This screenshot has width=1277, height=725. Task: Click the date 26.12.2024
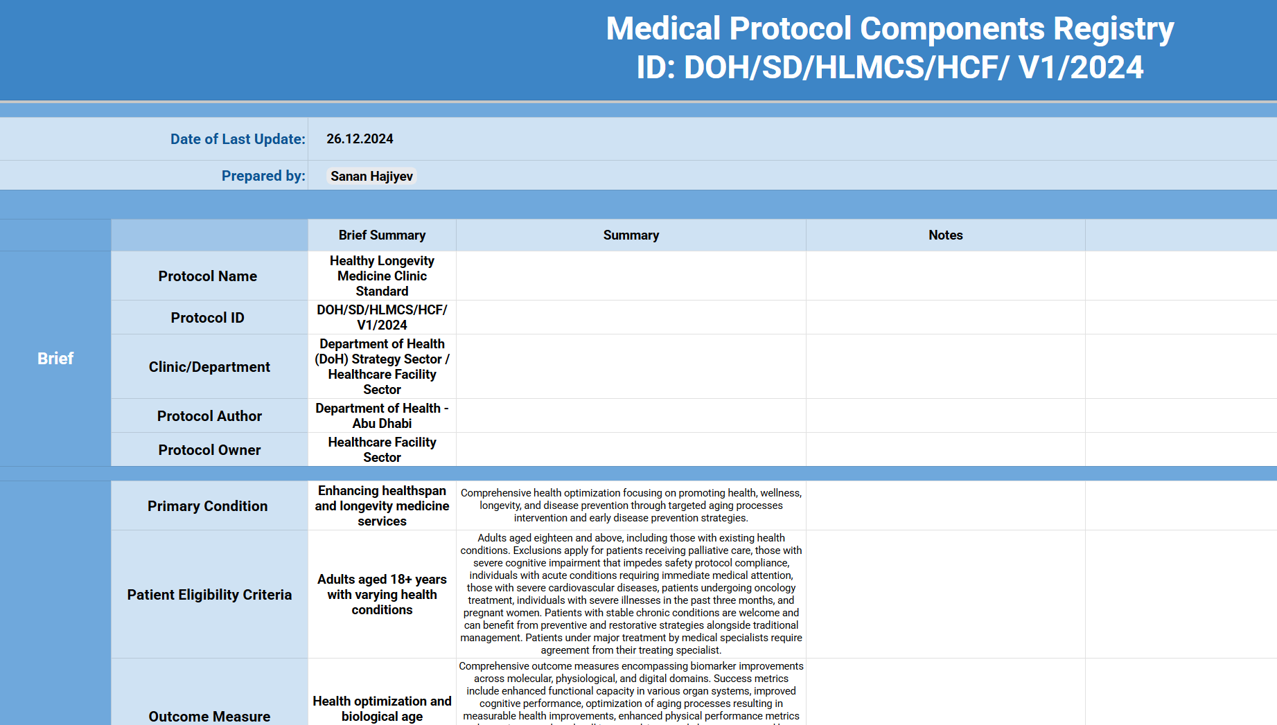(x=360, y=139)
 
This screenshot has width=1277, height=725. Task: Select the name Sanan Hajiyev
(x=371, y=177)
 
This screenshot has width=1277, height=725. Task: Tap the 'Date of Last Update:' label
(x=238, y=139)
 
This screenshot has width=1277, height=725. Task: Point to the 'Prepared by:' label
(x=263, y=176)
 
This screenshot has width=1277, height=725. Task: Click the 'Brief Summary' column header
(x=382, y=235)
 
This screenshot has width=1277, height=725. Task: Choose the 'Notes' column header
(x=945, y=235)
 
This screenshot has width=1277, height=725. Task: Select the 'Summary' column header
(x=631, y=235)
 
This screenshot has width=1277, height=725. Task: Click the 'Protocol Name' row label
(x=208, y=276)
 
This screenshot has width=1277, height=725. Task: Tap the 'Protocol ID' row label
(x=208, y=318)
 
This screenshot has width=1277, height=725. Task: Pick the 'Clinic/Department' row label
(x=209, y=367)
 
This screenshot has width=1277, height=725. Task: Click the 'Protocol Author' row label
(x=209, y=416)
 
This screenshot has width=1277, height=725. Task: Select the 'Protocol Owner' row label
(x=209, y=450)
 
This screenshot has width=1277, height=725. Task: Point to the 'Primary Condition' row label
(x=208, y=506)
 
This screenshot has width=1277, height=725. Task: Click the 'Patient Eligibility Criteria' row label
(x=209, y=595)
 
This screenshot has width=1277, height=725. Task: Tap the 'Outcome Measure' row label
(x=209, y=716)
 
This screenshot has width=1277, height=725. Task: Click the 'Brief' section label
(x=55, y=359)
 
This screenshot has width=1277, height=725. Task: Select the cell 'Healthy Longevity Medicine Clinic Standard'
(x=382, y=276)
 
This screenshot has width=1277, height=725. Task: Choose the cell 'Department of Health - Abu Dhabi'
(x=382, y=416)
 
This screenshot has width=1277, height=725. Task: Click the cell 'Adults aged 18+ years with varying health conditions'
(x=382, y=595)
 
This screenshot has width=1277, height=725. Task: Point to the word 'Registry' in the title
(x=1113, y=29)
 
